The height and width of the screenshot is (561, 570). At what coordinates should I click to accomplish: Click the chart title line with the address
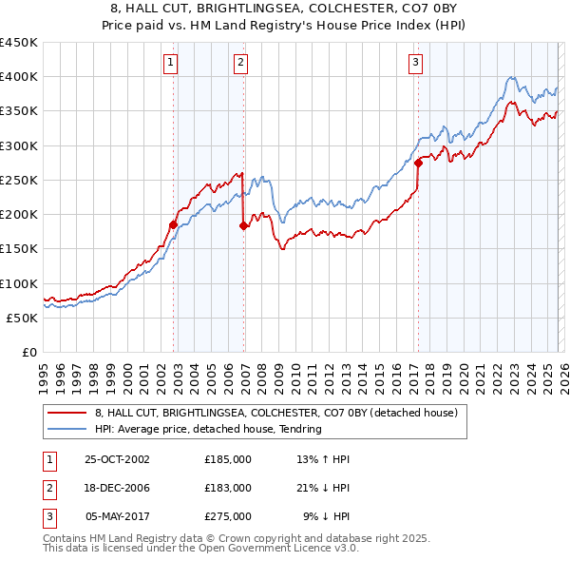coord(284,7)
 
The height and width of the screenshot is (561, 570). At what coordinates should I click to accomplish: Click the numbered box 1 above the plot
coord(170,64)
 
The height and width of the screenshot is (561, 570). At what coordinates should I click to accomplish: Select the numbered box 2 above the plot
coord(241,64)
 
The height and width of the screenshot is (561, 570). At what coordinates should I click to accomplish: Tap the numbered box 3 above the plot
coord(416,64)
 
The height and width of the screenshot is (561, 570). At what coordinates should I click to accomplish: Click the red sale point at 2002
coord(174,224)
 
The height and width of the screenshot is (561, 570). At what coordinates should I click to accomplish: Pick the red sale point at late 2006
coord(244,225)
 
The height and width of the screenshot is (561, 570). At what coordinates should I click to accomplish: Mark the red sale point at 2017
coord(418,163)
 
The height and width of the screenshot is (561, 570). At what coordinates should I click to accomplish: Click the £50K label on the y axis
coord(23,318)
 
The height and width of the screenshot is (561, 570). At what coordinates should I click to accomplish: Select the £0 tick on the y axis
coord(29,352)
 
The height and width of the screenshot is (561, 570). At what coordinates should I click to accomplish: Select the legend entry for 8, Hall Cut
coord(276,413)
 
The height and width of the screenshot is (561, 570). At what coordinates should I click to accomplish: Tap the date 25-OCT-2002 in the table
coord(117,459)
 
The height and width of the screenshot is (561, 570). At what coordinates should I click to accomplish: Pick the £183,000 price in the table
coord(227,488)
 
